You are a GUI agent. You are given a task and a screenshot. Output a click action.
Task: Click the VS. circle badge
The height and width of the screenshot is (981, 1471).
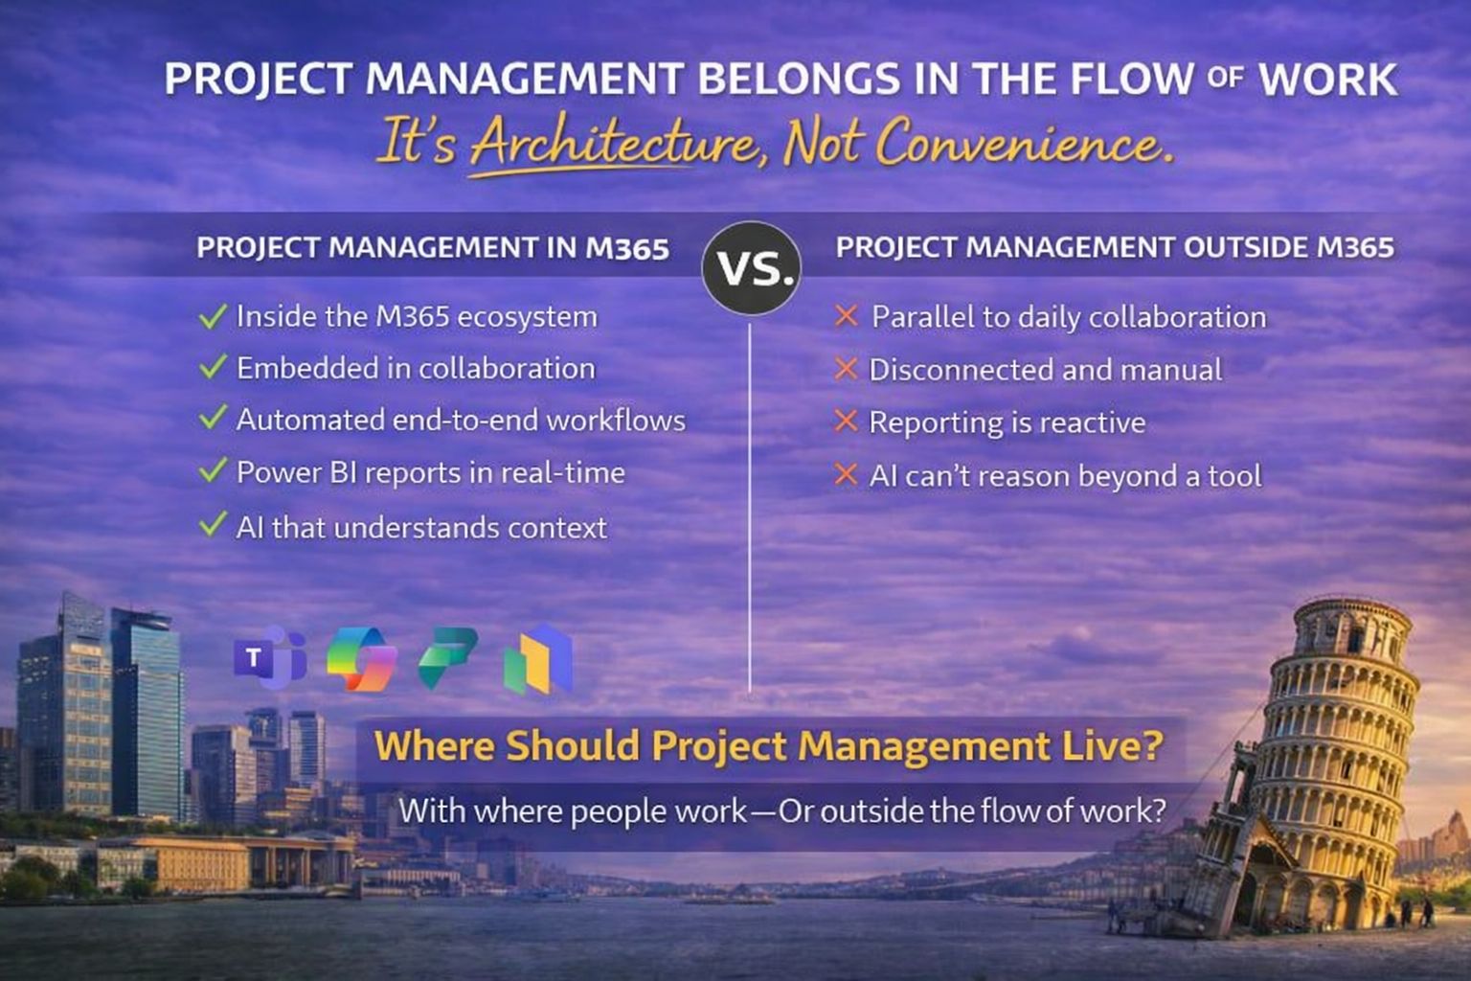tap(752, 268)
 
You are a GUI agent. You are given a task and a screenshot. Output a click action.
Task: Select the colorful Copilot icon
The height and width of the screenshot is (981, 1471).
tap(361, 659)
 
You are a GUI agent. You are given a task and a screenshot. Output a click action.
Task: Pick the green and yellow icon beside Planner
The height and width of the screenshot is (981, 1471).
tap(537, 659)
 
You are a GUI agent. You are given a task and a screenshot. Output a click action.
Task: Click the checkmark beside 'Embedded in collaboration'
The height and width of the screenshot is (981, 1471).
tap(213, 367)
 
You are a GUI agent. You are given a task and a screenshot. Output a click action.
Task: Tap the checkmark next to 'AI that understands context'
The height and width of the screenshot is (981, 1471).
tap(213, 525)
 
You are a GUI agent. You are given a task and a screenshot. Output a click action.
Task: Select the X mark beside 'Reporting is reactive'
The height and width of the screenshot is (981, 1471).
tap(846, 421)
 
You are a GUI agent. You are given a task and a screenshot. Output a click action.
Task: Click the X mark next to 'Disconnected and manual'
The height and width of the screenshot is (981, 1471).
tap(846, 368)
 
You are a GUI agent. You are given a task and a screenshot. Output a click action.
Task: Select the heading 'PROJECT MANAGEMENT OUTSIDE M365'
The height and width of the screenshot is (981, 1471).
tap(1114, 247)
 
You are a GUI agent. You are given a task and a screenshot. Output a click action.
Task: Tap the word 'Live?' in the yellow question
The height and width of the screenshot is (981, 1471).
tap(1113, 745)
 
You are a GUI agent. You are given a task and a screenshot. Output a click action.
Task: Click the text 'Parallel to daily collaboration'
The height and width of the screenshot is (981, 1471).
tap(1068, 317)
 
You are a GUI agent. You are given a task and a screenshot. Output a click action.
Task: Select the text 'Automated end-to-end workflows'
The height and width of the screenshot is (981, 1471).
tap(461, 420)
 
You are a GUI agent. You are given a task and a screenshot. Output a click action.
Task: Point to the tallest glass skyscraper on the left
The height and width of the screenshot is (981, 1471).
tap(67, 709)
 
